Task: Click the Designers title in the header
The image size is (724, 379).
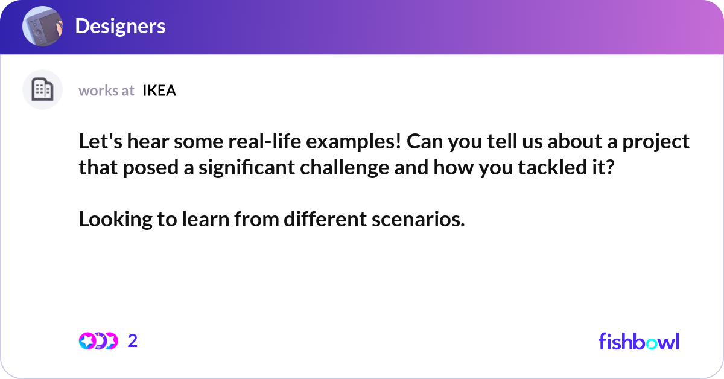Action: tap(120, 26)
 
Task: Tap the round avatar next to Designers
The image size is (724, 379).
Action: tap(42, 26)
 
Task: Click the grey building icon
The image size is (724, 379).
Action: tap(42, 90)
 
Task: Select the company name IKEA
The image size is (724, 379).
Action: tap(159, 91)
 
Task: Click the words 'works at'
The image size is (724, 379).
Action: tap(106, 91)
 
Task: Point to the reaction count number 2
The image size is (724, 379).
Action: tap(133, 341)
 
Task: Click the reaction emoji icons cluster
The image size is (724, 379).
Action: tap(98, 341)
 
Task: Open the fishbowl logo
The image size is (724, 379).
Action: tap(638, 341)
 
